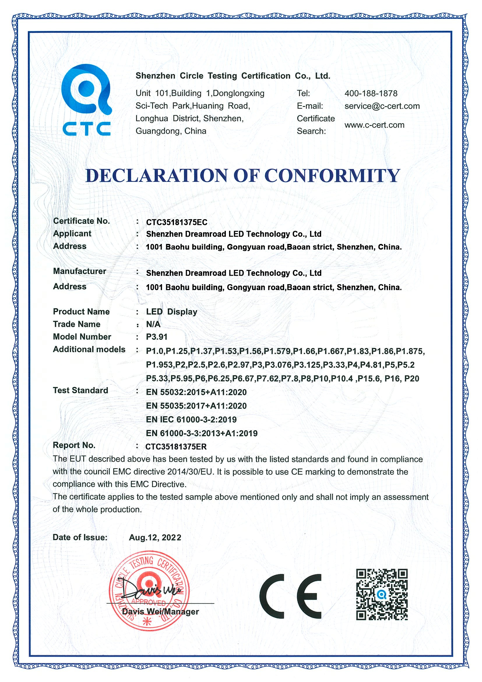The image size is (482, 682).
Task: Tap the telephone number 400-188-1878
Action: (x=371, y=94)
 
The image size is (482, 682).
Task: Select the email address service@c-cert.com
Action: (x=382, y=106)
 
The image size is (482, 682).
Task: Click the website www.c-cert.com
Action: (x=374, y=125)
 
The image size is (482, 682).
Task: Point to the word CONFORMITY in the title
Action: (x=332, y=175)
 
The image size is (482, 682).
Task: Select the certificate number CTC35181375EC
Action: (x=177, y=222)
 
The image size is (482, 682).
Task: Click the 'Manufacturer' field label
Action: (x=79, y=271)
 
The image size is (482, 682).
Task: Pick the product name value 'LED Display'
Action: (x=172, y=312)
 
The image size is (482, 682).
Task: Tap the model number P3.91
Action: (x=157, y=337)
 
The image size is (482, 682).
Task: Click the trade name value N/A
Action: (x=153, y=324)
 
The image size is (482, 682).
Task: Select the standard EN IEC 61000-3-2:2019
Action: (x=191, y=420)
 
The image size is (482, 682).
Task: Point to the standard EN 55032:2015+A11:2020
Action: (x=196, y=392)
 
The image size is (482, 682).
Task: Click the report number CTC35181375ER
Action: (x=176, y=447)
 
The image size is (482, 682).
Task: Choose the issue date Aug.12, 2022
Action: (x=155, y=538)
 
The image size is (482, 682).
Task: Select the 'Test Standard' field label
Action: (x=80, y=391)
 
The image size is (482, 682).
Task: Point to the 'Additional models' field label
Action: (x=89, y=350)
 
